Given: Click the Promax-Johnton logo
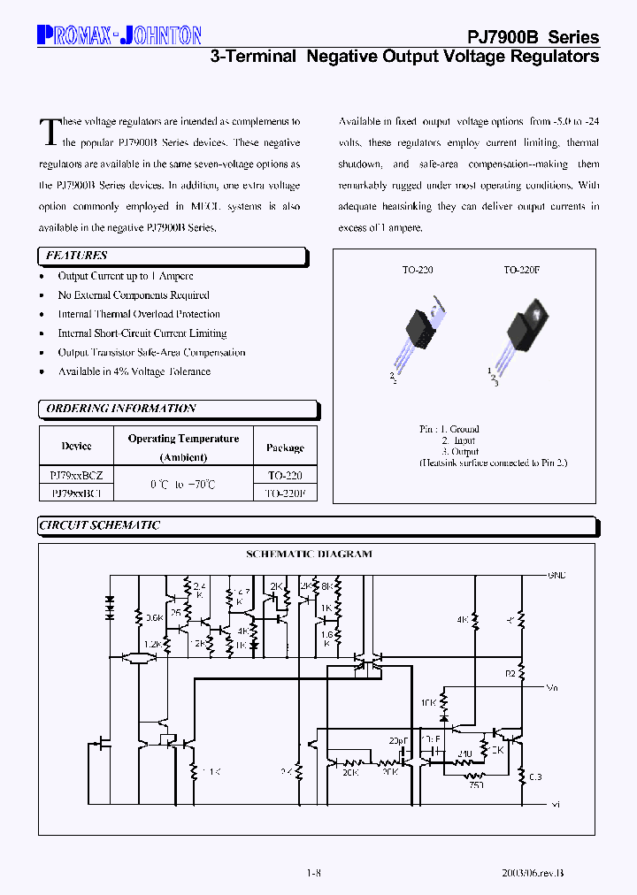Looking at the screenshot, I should [x=119, y=35].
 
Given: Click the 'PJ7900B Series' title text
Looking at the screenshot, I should [x=533, y=37].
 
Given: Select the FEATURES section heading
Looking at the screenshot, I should [x=76, y=256].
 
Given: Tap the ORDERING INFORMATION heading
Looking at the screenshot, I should [x=120, y=409].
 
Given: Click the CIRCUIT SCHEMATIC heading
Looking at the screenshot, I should [x=99, y=525].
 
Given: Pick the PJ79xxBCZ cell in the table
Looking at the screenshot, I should [x=76, y=475].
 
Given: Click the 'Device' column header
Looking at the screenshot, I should [x=76, y=447].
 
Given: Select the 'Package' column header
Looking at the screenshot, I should [x=285, y=447].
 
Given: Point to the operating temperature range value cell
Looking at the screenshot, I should [x=183, y=485].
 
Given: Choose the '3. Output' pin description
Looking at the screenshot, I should [x=460, y=451].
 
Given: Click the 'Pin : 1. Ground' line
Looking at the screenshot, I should [x=449, y=429].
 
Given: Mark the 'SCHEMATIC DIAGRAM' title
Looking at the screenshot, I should [x=308, y=555].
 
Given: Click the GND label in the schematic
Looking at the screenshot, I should [x=556, y=575].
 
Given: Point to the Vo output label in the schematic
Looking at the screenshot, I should [x=552, y=687].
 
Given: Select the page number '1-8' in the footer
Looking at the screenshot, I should [x=313, y=873].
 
